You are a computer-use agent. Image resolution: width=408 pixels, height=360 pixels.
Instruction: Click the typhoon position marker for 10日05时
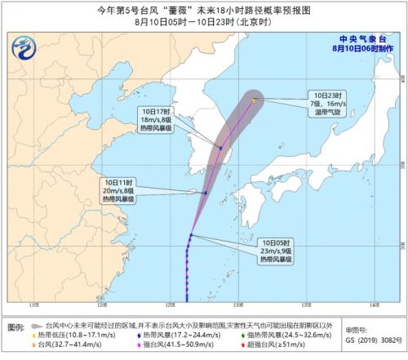coord(189,235)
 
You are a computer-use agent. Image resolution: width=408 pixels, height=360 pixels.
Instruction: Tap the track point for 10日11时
coord(206,193)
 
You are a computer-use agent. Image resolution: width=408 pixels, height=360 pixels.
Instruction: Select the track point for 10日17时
coord(220,147)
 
